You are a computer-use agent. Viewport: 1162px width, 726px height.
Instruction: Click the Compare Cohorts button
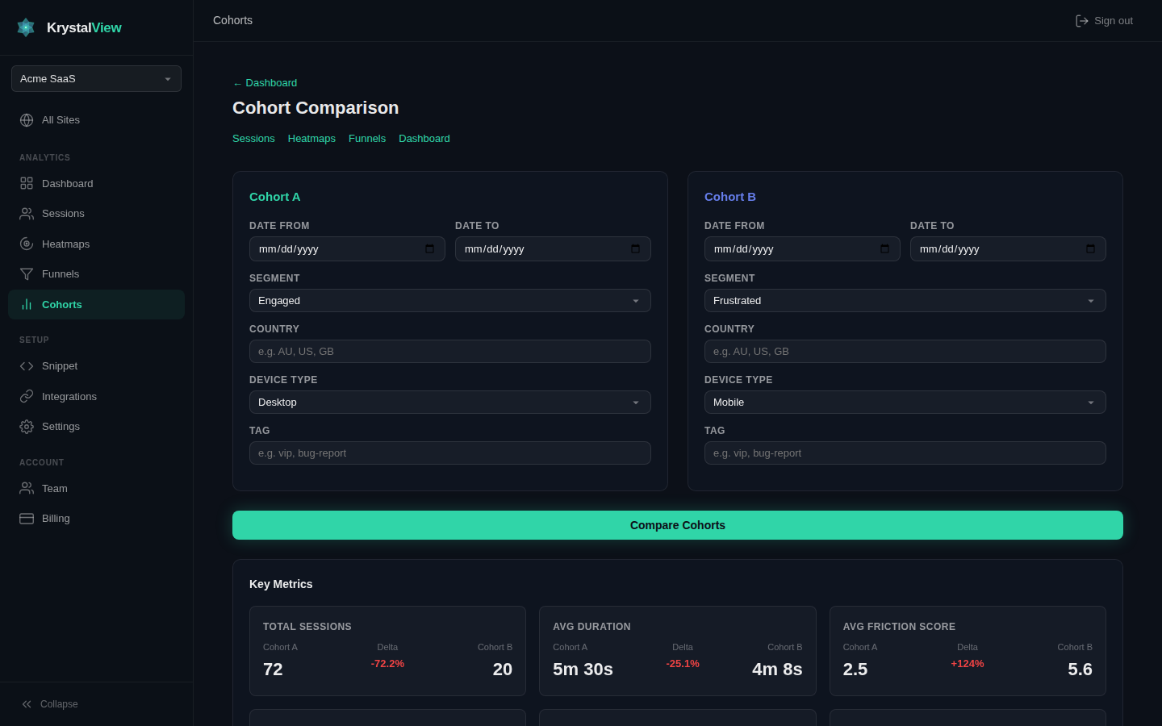coord(677,525)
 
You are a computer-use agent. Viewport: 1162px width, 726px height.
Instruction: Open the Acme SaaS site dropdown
coord(96,79)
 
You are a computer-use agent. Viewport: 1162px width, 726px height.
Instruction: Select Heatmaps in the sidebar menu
coord(65,244)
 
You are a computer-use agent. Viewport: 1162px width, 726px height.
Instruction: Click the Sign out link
coord(1104,21)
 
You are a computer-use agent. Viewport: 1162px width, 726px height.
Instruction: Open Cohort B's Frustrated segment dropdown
coord(905,301)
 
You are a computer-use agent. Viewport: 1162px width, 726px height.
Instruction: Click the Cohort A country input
coord(449,352)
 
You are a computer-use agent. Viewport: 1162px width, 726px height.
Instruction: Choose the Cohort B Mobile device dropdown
coord(905,403)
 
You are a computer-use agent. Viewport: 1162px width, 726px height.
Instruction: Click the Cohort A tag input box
coord(449,453)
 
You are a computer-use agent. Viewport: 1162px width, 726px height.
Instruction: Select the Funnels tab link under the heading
coord(367,139)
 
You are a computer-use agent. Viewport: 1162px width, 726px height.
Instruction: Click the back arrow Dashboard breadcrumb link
coord(265,83)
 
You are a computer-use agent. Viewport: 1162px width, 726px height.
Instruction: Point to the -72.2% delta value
coord(387,664)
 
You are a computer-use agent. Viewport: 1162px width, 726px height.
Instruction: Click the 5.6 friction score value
coord(1080,670)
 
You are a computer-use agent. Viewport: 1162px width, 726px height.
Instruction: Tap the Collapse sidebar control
coord(50,704)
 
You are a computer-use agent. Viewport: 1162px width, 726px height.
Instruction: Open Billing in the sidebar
coord(56,519)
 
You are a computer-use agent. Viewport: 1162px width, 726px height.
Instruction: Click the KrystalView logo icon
coord(26,27)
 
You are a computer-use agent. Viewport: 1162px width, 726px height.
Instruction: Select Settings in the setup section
coord(61,427)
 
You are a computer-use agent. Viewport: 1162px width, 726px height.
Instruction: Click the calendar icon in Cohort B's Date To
coord(1090,249)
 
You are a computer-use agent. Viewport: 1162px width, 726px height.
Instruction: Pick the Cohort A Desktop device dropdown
coord(449,403)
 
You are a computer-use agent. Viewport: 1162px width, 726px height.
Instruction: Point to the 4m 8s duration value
coord(776,670)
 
